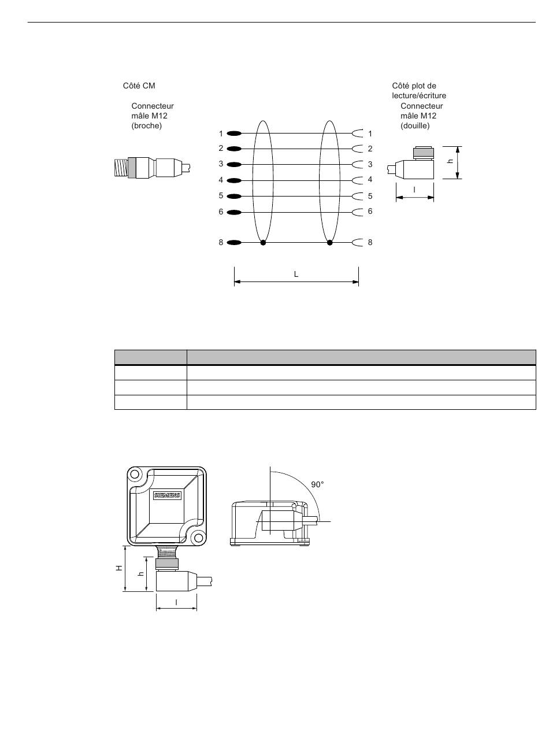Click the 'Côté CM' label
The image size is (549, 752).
[x=139, y=86]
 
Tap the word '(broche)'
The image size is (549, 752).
[x=146, y=126]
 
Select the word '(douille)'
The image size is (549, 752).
[x=415, y=126]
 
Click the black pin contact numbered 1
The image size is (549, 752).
[x=234, y=134]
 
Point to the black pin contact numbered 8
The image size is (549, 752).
[x=234, y=242]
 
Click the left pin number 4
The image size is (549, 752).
[x=221, y=180]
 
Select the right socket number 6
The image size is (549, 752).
[x=370, y=211]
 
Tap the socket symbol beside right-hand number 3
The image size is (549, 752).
[x=357, y=165]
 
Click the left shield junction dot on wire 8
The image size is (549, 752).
[x=263, y=242]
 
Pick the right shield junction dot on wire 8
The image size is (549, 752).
[x=329, y=242]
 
